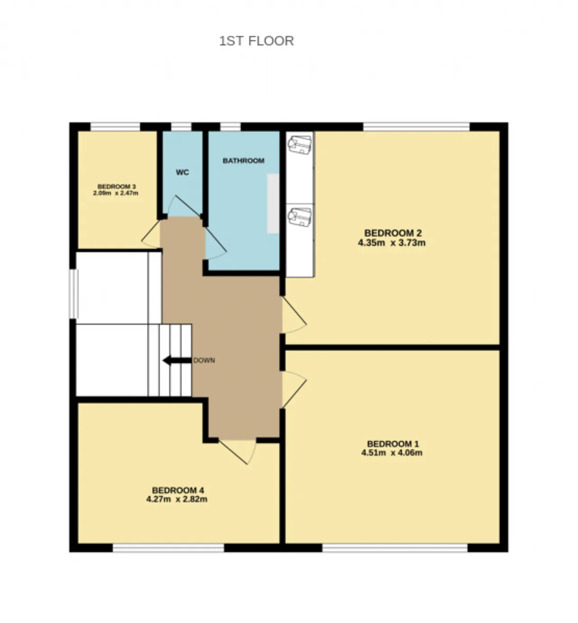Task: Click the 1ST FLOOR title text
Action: pos(256,41)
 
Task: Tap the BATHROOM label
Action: pos(243,161)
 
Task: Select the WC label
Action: pos(182,172)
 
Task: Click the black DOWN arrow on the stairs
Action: pos(177,360)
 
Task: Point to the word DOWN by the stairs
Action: pos(204,360)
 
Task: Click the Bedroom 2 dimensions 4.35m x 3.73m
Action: pos(392,243)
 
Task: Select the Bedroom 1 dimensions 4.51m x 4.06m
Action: pos(392,452)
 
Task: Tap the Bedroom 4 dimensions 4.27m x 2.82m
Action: pos(177,499)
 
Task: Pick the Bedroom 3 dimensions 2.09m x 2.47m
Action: pos(116,193)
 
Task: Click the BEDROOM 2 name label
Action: pos(393,233)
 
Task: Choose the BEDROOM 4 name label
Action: pos(178,490)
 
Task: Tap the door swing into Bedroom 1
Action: pos(294,390)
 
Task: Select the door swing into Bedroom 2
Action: pos(294,314)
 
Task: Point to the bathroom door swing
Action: pos(215,244)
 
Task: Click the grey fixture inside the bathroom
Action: pos(273,203)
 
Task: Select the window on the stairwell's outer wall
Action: pos(74,294)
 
